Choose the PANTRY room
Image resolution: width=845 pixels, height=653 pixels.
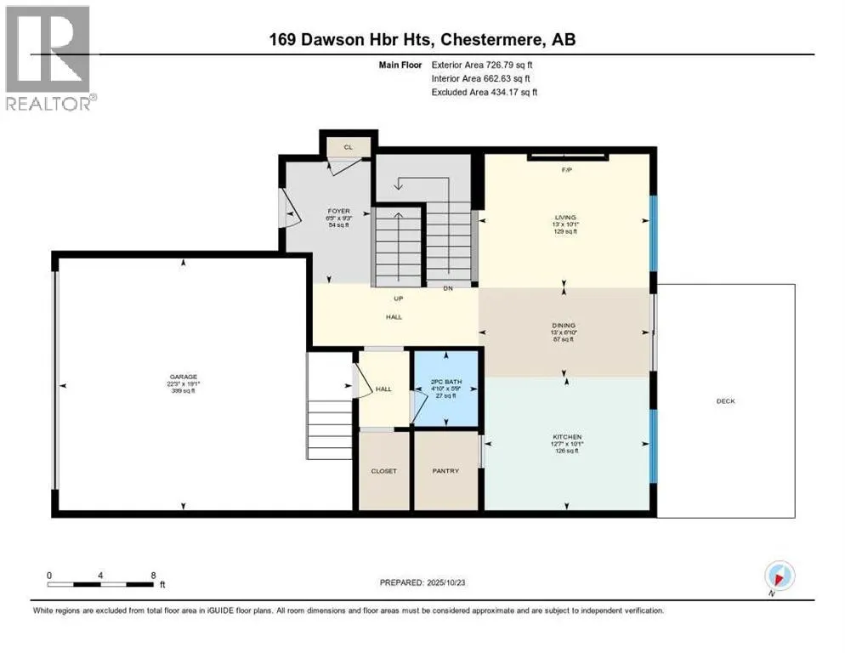pos(445,471)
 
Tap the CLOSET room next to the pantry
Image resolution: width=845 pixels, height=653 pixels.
pos(383,471)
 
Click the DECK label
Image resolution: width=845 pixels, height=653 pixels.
pos(725,401)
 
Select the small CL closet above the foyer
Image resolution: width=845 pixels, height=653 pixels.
pos(348,147)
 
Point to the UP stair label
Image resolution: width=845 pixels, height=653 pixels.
pos(397,298)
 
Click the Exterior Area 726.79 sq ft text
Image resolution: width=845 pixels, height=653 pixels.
pos(484,64)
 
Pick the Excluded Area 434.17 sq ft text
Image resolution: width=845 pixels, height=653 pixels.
pos(484,92)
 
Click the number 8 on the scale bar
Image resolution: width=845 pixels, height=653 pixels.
pos(152,575)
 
